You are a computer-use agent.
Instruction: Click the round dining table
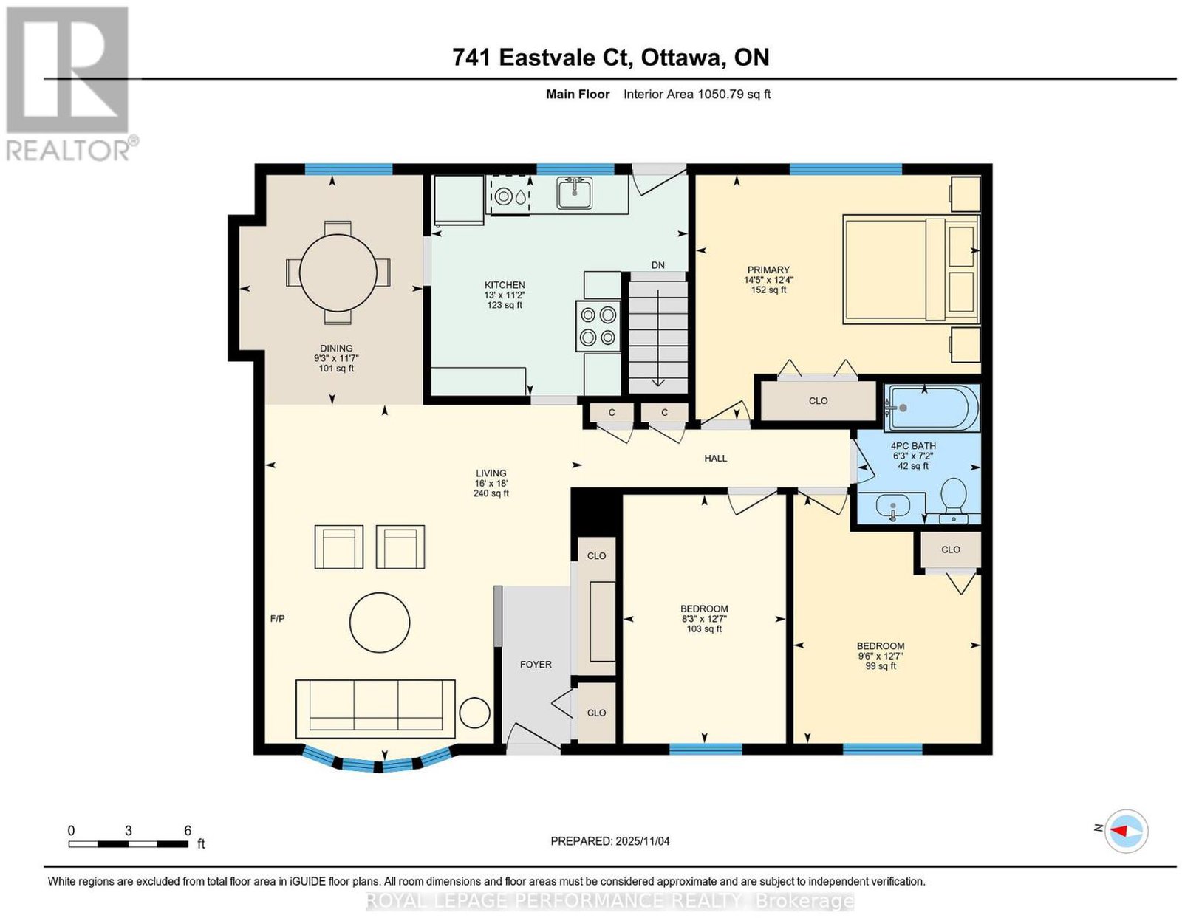(x=338, y=272)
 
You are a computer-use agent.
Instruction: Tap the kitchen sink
(x=574, y=193)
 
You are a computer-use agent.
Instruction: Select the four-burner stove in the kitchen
(x=598, y=326)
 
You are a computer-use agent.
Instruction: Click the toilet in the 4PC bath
(x=953, y=499)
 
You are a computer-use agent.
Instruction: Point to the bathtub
(x=932, y=408)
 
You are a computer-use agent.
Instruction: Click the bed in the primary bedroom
(x=911, y=270)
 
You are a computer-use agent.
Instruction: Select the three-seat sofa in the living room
(x=375, y=709)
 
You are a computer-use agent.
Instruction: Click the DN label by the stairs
(x=658, y=265)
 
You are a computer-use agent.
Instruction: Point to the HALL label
(x=715, y=458)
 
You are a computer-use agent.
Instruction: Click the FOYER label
(x=536, y=664)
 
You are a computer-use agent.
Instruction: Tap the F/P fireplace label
(x=278, y=618)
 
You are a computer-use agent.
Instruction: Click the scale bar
(x=129, y=844)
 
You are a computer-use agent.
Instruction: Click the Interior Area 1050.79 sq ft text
(x=697, y=95)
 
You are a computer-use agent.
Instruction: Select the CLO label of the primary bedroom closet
(x=818, y=401)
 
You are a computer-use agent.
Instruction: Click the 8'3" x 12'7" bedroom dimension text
(x=705, y=618)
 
